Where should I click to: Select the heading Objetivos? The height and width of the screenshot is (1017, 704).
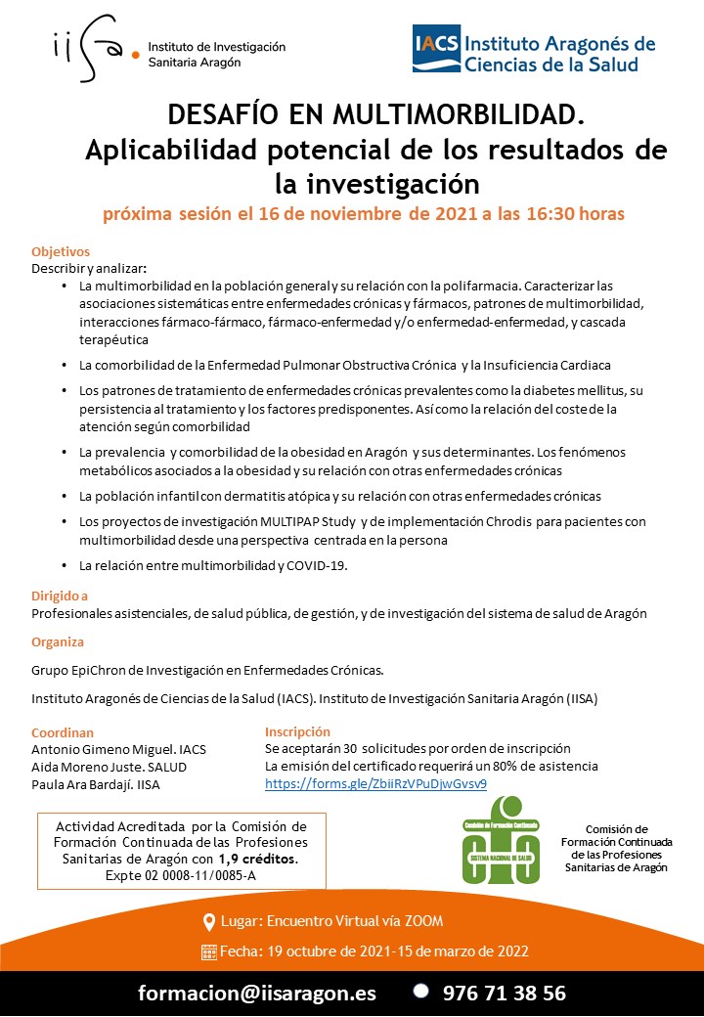61,251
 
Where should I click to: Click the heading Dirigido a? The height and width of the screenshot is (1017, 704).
60,596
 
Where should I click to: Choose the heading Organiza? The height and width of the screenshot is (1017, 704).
58,642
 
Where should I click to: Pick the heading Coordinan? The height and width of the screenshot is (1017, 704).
63,731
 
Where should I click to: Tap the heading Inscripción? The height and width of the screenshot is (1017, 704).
297,731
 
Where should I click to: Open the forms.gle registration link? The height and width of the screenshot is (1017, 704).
375,783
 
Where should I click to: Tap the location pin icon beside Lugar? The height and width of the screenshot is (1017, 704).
208,922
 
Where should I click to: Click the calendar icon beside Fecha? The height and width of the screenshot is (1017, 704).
208,951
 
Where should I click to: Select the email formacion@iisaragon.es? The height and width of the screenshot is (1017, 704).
257,993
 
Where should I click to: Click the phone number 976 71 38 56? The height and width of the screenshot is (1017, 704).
504,993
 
